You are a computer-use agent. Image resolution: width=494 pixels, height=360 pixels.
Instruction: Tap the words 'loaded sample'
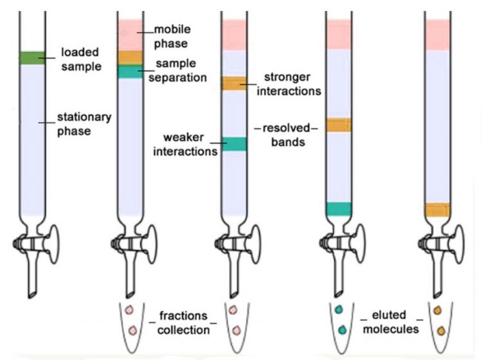tap(80, 57)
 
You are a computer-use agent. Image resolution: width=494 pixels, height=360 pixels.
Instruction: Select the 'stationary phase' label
tap(84, 125)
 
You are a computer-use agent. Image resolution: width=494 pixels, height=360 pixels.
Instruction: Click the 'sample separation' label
tap(179, 71)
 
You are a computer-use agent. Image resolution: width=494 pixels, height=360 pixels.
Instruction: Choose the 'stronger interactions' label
tap(291, 84)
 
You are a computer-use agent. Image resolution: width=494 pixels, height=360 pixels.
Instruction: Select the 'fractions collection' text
tap(183, 323)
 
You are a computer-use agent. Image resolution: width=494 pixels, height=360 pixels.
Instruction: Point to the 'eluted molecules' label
tap(390, 323)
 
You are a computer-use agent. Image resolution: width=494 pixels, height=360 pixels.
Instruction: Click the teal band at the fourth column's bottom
tap(338, 209)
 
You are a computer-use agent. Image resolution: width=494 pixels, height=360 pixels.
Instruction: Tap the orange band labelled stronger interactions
tap(234, 83)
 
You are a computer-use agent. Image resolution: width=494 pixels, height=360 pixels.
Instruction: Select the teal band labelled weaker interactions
tap(234, 144)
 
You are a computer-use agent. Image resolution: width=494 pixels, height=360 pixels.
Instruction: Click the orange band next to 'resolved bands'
tap(338, 125)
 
